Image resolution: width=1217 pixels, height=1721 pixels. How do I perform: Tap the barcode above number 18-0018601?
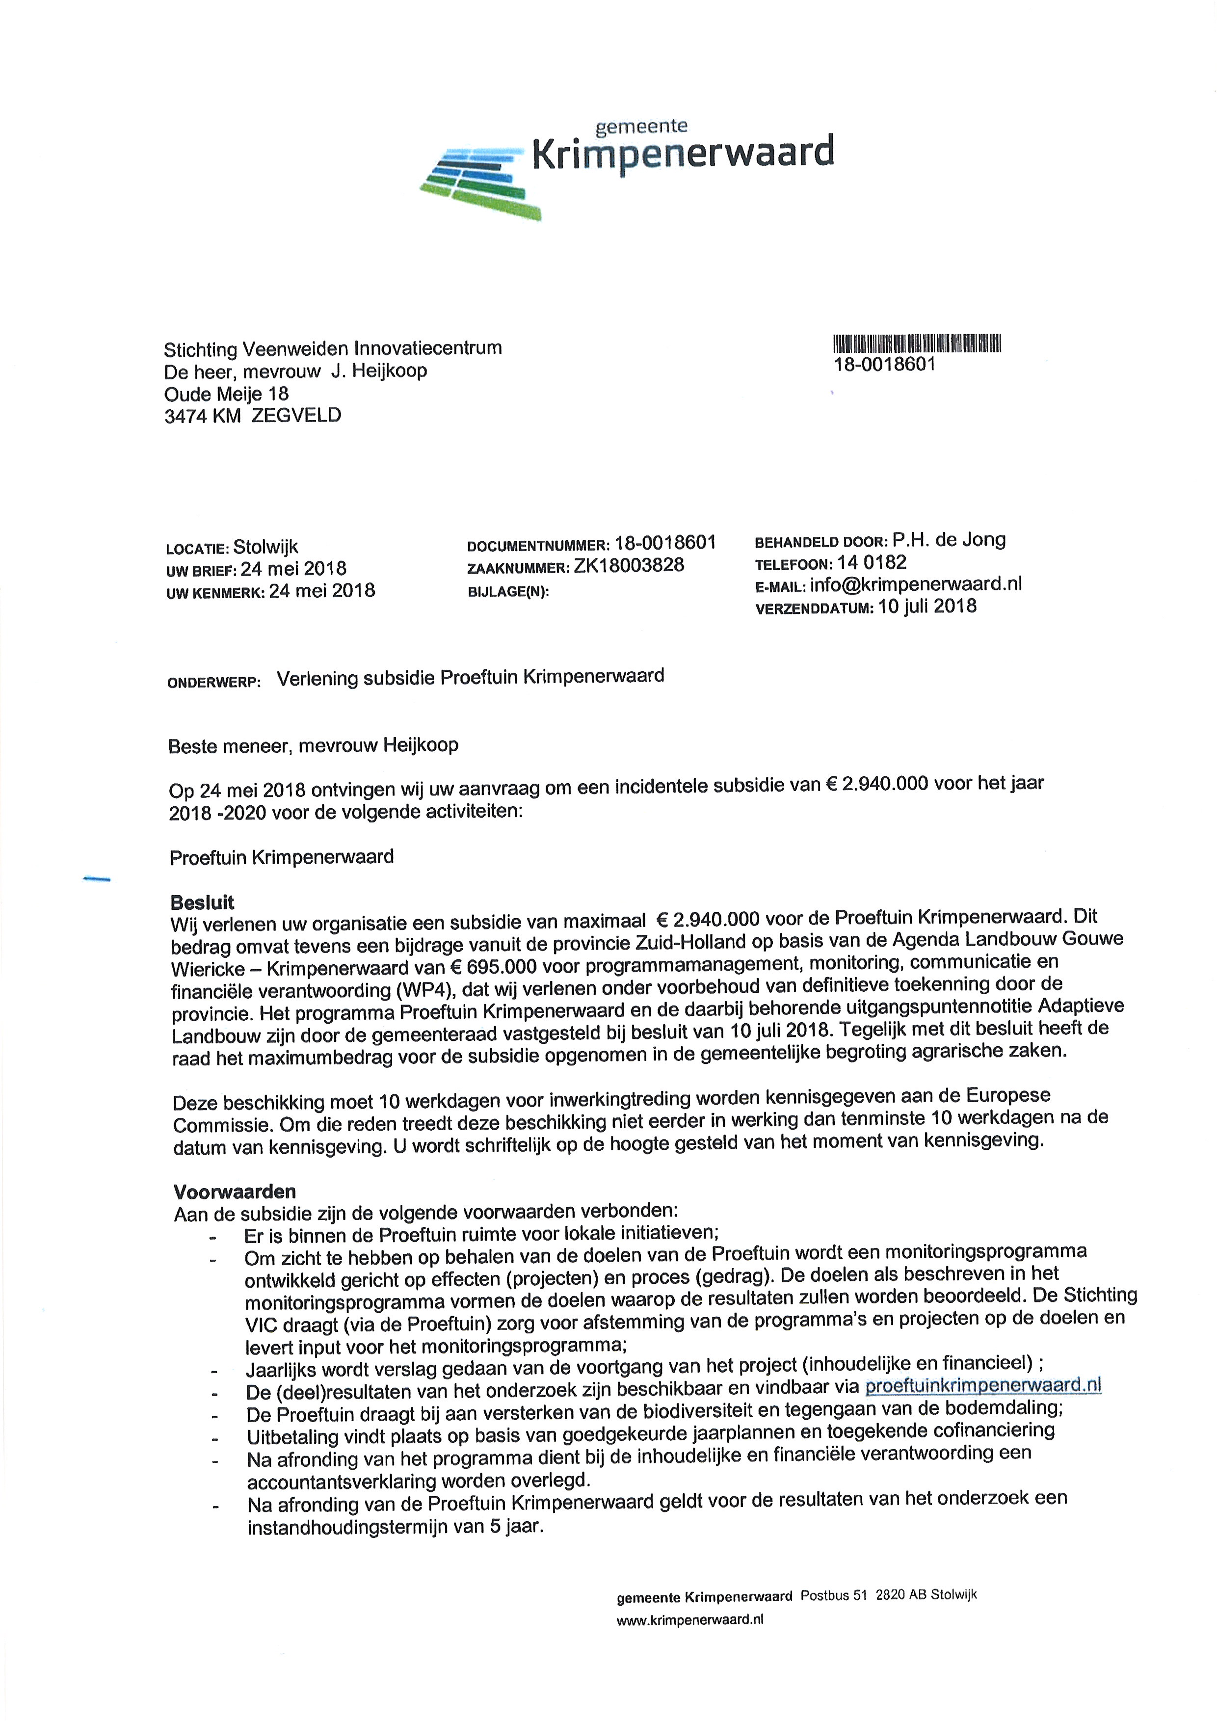[917, 344]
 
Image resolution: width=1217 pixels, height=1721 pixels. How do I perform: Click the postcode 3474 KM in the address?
[202, 416]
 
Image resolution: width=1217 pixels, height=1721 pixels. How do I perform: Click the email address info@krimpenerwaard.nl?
[916, 584]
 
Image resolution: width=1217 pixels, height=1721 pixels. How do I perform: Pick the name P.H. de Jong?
[949, 540]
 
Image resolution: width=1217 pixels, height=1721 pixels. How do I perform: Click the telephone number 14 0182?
[873, 562]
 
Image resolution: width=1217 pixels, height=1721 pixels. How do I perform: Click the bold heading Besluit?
[202, 902]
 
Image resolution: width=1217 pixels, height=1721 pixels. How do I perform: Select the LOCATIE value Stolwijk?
[266, 547]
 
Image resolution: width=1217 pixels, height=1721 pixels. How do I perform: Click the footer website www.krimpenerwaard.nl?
[689, 1620]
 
